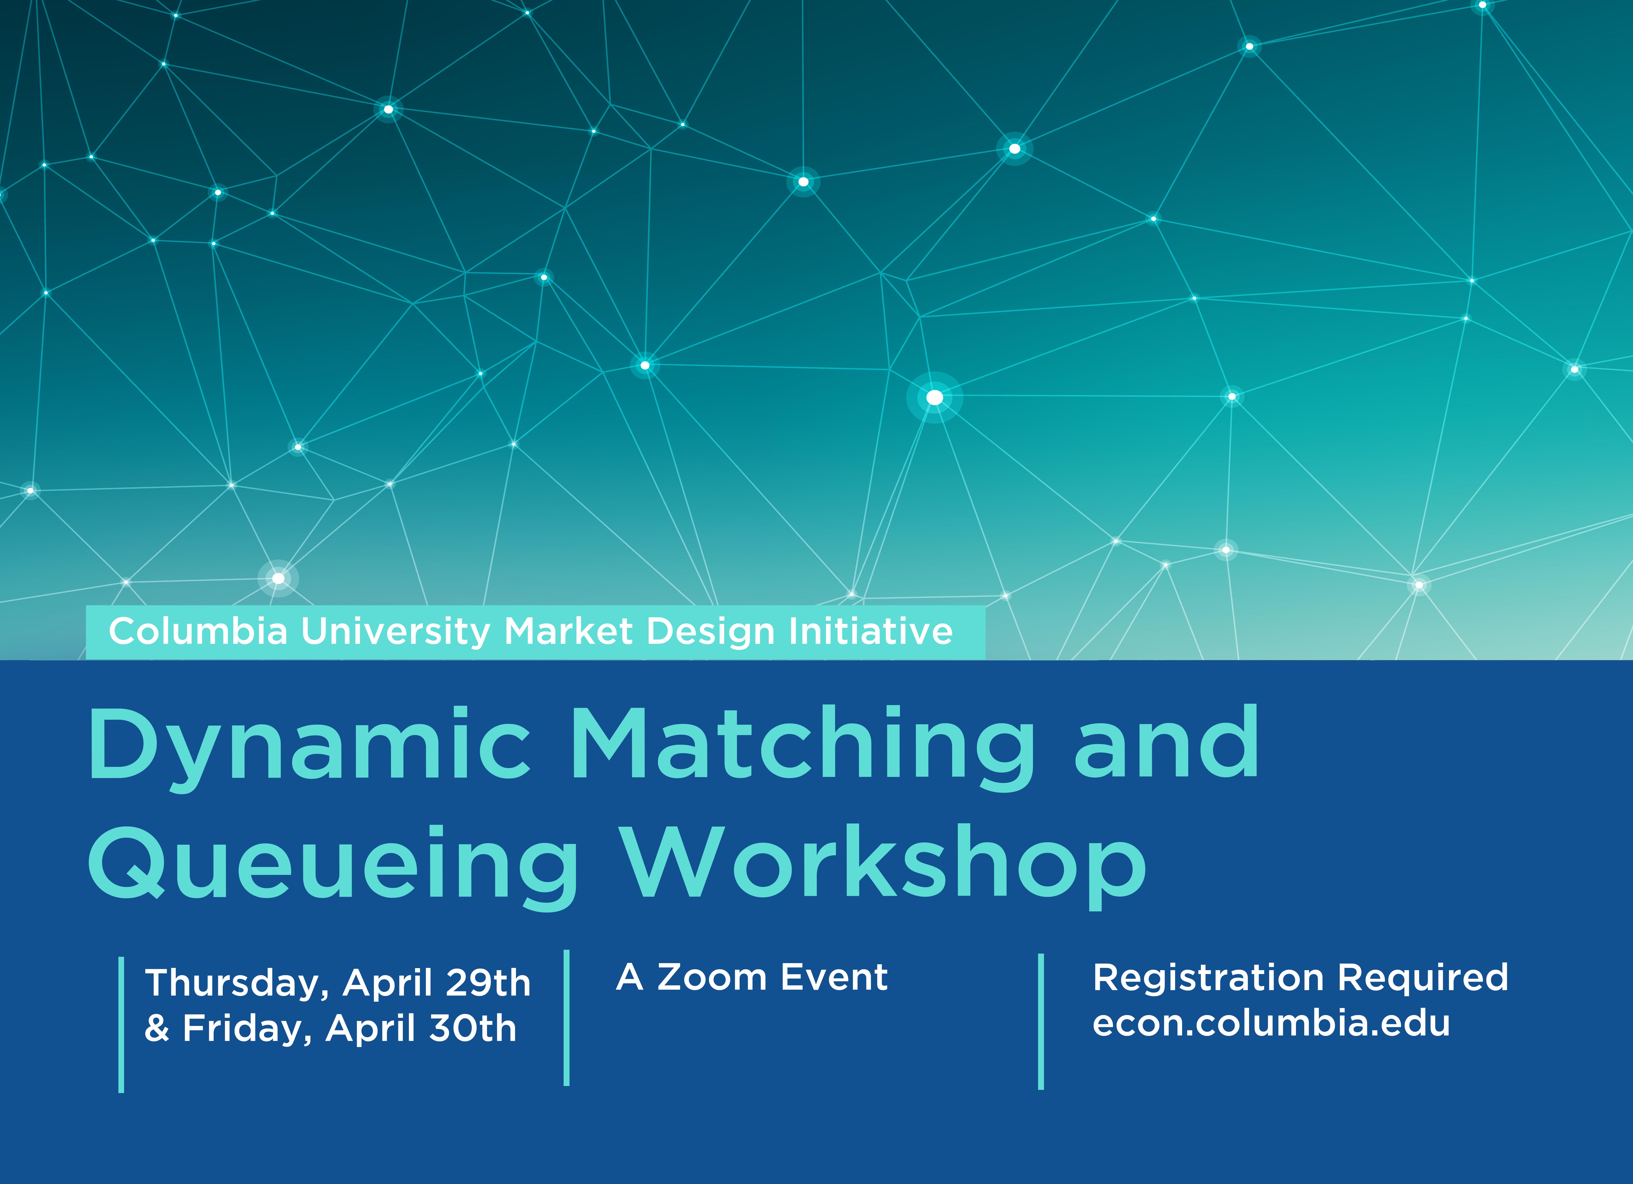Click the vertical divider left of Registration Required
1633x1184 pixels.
[1040, 1021]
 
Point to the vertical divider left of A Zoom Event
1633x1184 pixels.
[567, 1018]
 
